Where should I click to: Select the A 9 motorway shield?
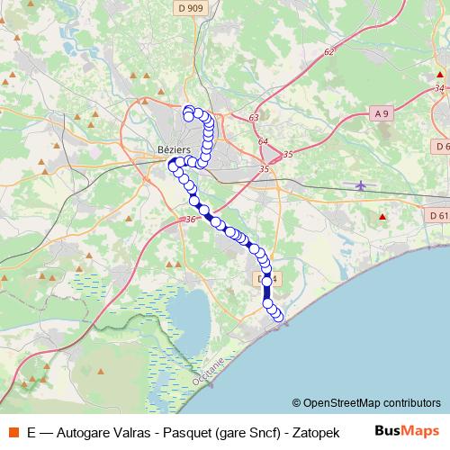(382, 112)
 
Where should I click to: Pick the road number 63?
(254, 118)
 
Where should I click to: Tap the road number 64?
(262, 142)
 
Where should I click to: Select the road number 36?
(188, 220)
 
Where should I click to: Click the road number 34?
(438, 87)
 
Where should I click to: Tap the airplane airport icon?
(361, 186)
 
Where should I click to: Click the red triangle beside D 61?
(382, 217)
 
